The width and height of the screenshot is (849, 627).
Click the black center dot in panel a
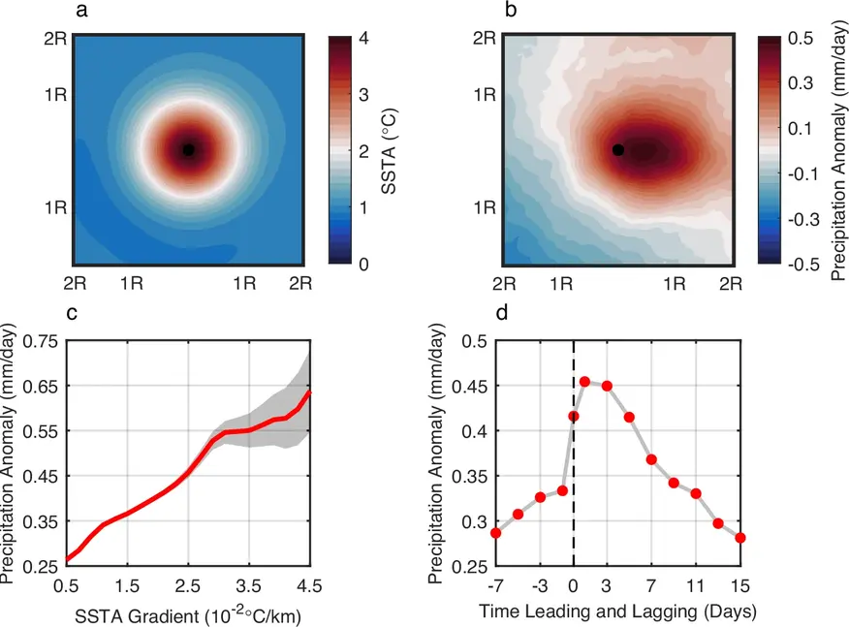pos(189,149)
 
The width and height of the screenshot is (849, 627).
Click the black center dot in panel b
pos(618,149)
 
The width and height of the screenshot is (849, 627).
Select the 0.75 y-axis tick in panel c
pos(38,341)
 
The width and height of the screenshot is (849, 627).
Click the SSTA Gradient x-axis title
pos(188,612)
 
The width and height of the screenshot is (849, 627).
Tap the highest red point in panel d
pos(584,382)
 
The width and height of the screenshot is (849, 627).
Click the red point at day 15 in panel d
pos(740,538)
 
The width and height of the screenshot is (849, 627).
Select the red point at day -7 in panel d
pos(496,533)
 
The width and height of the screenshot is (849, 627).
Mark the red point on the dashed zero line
pos(574,417)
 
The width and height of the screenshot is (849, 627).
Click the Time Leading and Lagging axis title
pos(618,612)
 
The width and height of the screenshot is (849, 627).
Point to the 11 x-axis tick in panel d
pos(696,584)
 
